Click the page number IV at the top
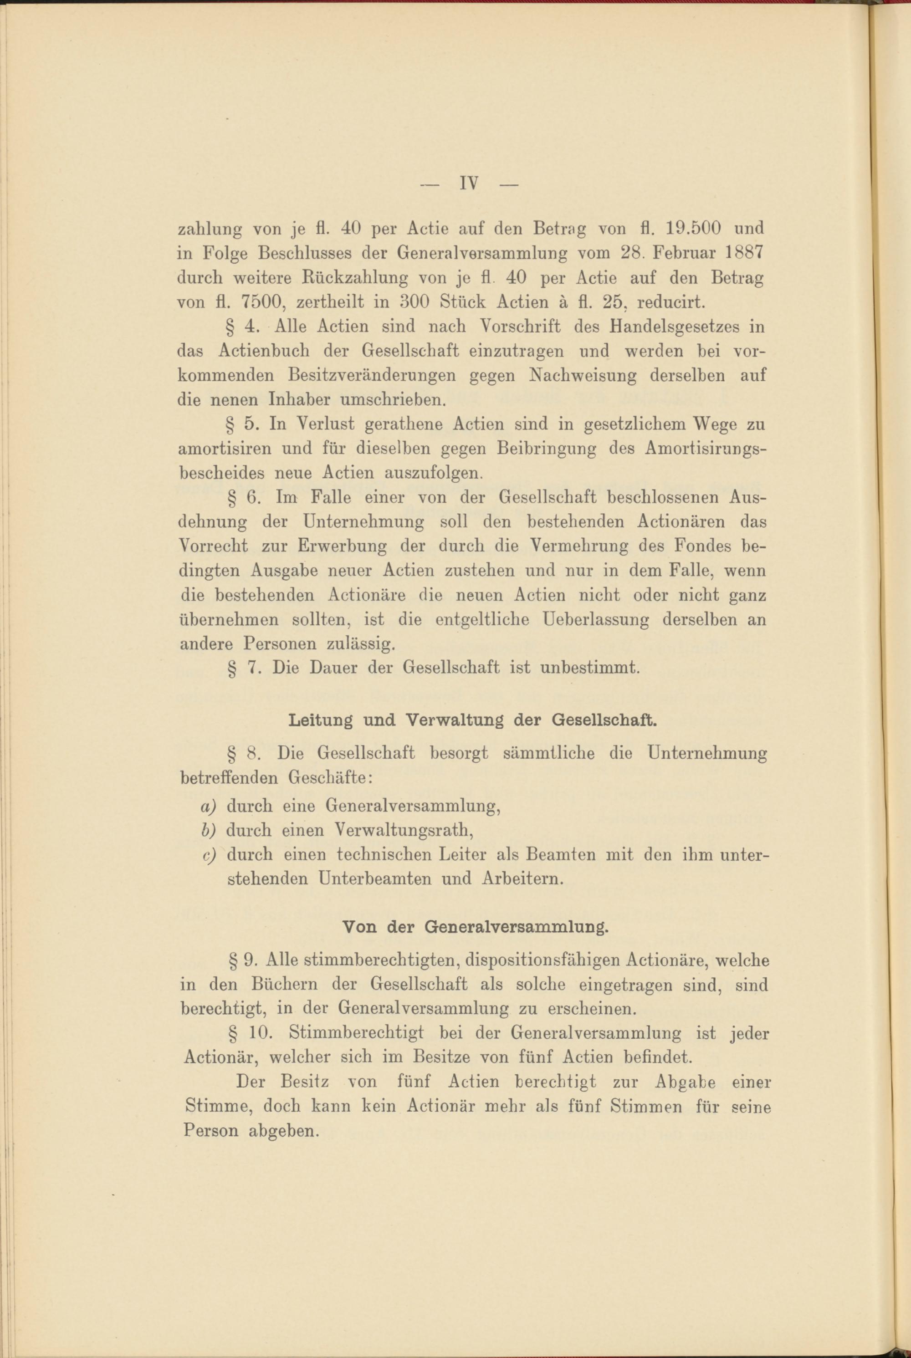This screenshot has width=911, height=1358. [x=468, y=184]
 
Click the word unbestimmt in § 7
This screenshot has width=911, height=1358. [x=590, y=669]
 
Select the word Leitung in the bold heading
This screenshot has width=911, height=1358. [x=320, y=722]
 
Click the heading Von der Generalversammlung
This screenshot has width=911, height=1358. [x=475, y=928]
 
